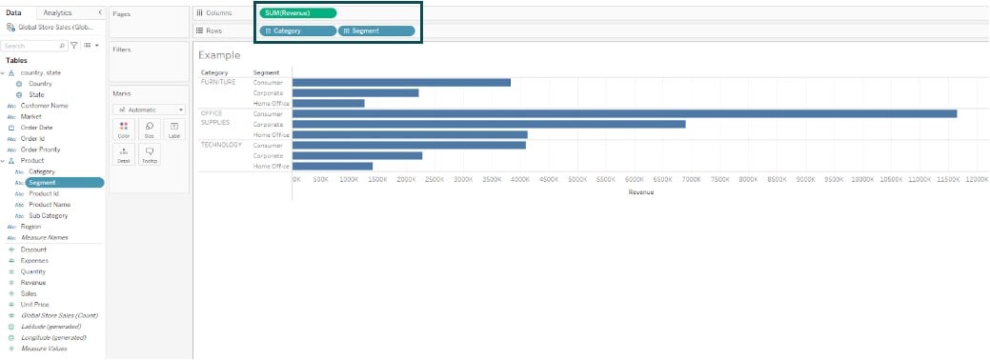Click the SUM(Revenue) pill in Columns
(x=297, y=12)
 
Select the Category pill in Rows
(x=297, y=30)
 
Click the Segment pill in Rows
(x=376, y=30)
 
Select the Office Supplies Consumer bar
(x=624, y=113)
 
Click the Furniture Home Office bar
(x=328, y=103)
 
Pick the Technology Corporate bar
(x=356, y=155)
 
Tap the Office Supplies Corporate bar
(x=489, y=124)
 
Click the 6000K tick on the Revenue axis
(x=635, y=179)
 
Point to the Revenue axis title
(x=640, y=192)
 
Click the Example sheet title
(x=219, y=55)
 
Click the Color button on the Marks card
(x=124, y=130)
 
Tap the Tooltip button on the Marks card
(x=149, y=155)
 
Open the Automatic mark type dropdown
(x=149, y=110)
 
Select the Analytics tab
(x=57, y=12)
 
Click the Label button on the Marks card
(x=173, y=130)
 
